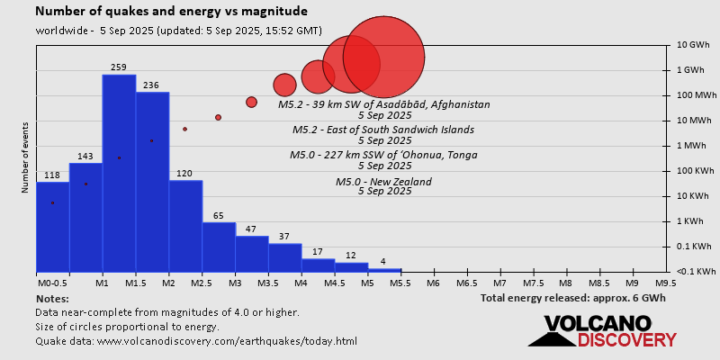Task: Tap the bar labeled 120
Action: pyautogui.click(x=185, y=226)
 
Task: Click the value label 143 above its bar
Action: pyautogui.click(x=85, y=157)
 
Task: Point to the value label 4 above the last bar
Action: pyautogui.click(x=384, y=262)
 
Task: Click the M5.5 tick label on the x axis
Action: pyautogui.click(x=400, y=282)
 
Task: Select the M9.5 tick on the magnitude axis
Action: pyautogui.click(x=666, y=282)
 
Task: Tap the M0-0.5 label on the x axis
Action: pyautogui.click(x=52, y=282)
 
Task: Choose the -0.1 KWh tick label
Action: pyautogui.click(x=694, y=271)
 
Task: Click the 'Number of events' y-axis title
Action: pyautogui.click(x=27, y=160)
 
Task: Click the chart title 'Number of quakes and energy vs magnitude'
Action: pyautogui.click(x=171, y=12)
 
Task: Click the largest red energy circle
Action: pyautogui.click(x=384, y=57)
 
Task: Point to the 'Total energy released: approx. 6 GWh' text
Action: pyautogui.click(x=572, y=298)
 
